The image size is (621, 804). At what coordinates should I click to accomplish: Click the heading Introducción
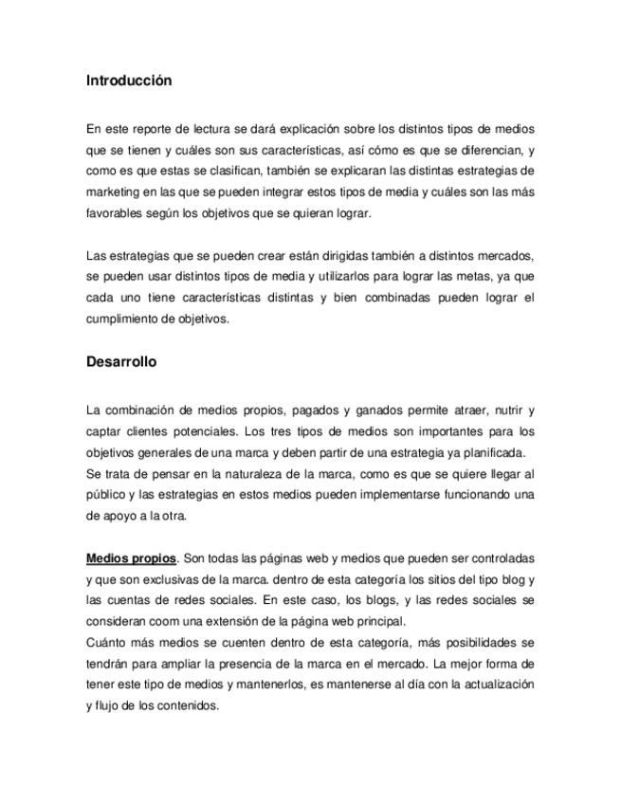tap(129, 81)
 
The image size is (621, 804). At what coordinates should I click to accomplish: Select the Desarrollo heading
tap(121, 362)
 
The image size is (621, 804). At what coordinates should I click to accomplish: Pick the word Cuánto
tap(105, 642)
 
